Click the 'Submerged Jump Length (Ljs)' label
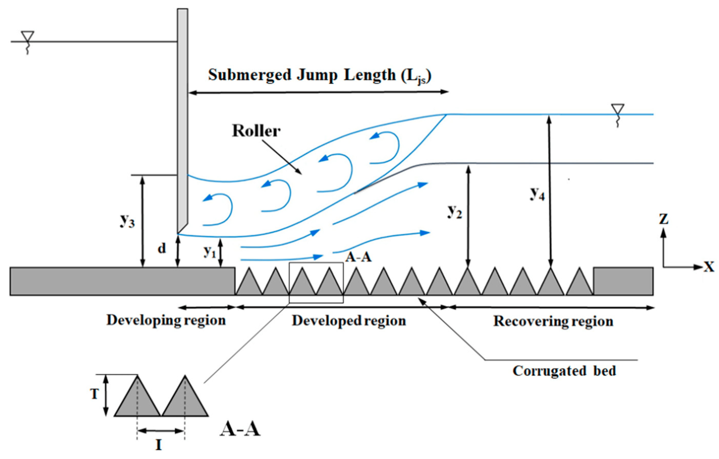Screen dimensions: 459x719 (x=319, y=75)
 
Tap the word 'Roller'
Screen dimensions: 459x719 (x=256, y=131)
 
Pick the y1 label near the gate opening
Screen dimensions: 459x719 (x=210, y=252)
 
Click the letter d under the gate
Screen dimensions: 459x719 (x=162, y=248)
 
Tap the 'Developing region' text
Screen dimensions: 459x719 (x=166, y=320)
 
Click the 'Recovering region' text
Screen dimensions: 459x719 (x=553, y=321)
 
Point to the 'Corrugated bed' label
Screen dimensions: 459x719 (x=564, y=371)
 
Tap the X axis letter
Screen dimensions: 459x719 (x=709, y=267)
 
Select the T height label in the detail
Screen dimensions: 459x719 (x=94, y=394)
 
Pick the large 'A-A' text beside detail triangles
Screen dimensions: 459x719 (x=240, y=430)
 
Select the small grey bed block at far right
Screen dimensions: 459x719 (x=623, y=281)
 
